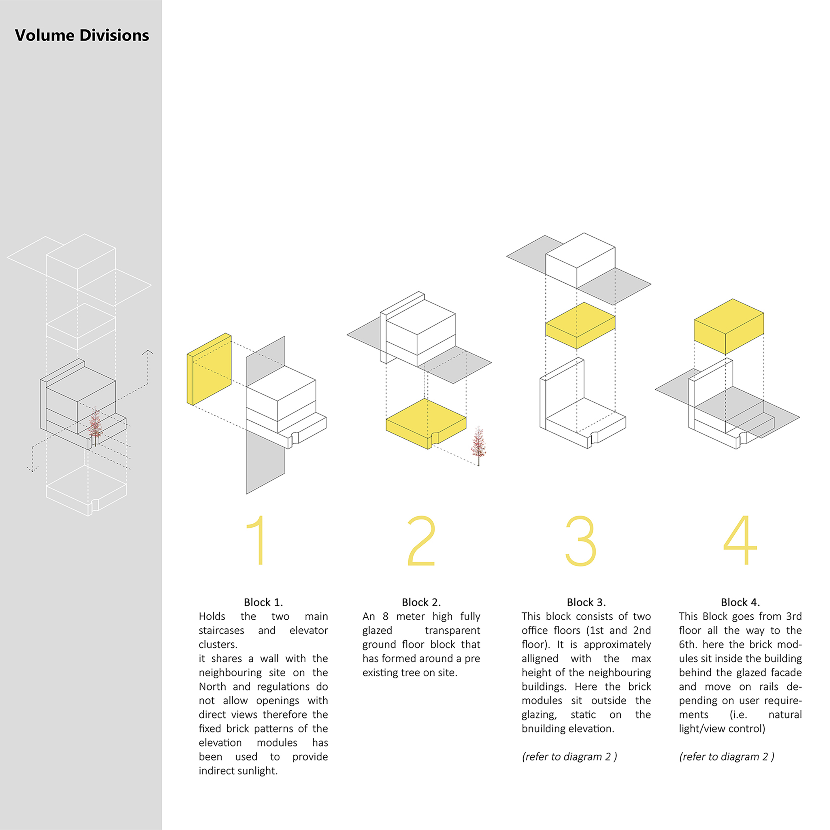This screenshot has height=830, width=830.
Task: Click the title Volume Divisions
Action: coord(82,35)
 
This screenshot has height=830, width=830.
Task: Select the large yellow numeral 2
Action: coord(421,540)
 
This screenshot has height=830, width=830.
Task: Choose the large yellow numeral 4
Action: coord(740,540)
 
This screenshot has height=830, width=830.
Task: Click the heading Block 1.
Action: coord(263,602)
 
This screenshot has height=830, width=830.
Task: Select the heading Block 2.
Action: coord(421,602)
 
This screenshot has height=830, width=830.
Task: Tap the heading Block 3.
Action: coord(586,602)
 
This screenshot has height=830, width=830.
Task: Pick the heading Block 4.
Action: coord(740,602)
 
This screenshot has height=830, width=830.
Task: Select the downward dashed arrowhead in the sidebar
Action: coord(32,469)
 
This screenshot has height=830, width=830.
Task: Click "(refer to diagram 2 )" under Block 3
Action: coord(569,757)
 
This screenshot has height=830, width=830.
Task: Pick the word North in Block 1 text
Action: coord(212,686)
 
